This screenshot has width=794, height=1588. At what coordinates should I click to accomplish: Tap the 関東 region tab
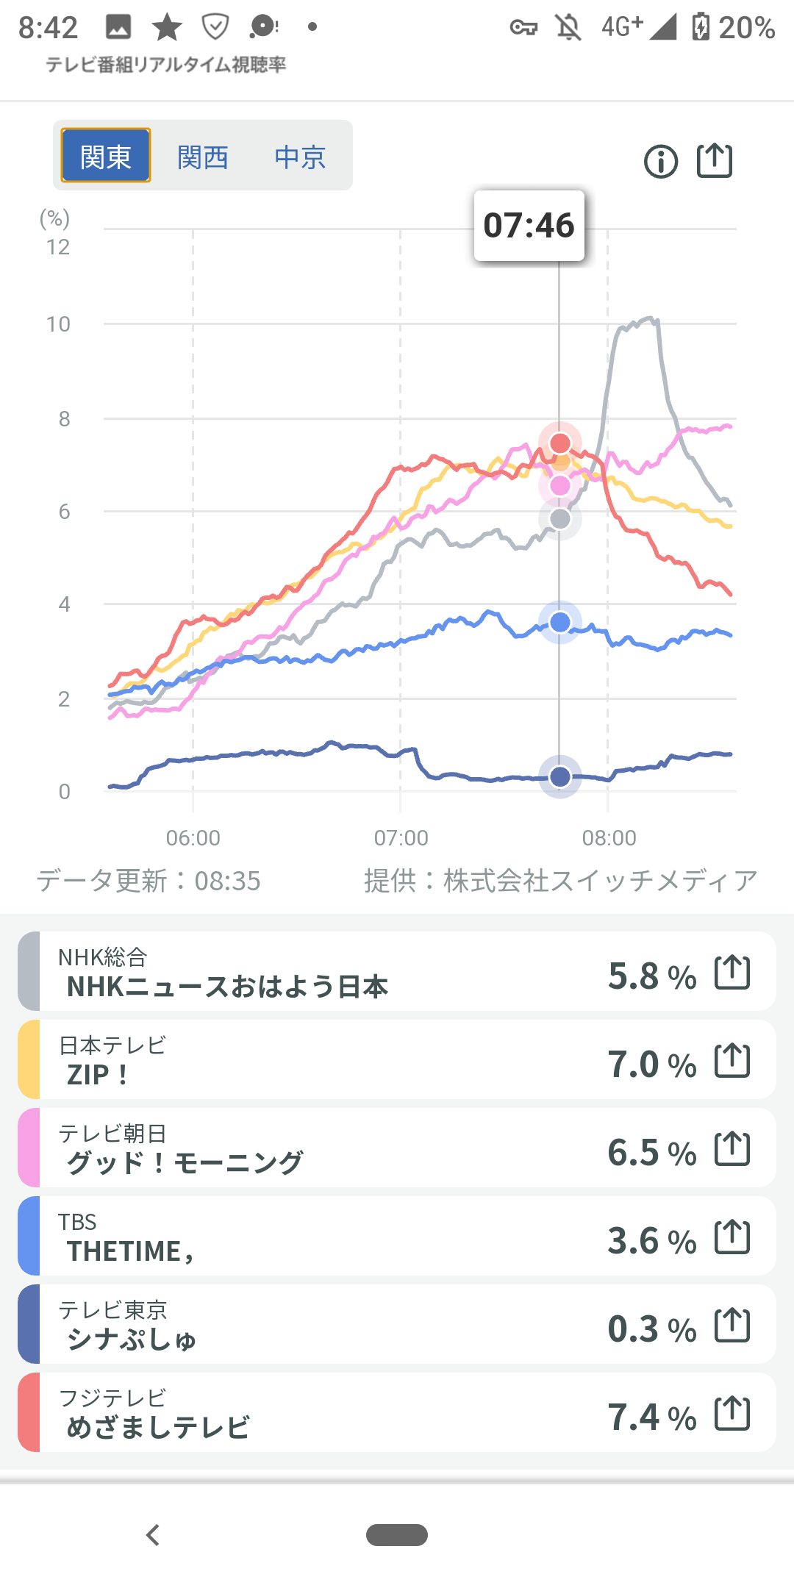tap(106, 156)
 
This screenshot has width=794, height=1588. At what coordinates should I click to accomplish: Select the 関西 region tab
tap(203, 157)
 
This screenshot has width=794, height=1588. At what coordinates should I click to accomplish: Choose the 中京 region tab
tap(300, 157)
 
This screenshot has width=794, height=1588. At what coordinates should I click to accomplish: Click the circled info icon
tap(661, 161)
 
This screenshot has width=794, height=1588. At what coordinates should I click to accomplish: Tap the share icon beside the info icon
tap(715, 160)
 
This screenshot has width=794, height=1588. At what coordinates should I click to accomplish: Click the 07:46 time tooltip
tap(529, 225)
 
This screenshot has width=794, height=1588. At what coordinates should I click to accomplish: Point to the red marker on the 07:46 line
tap(560, 443)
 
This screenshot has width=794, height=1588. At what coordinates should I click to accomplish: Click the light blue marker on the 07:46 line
tap(560, 623)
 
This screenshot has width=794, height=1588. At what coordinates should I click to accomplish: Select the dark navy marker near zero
tap(560, 776)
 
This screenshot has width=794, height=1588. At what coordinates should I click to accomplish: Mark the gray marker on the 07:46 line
tap(560, 519)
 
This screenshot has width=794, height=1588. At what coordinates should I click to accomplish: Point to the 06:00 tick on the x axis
tap(193, 837)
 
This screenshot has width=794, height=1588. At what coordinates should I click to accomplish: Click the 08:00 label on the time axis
tap(609, 837)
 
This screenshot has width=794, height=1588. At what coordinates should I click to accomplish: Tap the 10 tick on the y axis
tap(59, 324)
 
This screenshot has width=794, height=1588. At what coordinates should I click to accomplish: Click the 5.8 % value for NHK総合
tap(652, 976)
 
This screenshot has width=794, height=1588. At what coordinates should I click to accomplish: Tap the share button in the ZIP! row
tap(732, 1060)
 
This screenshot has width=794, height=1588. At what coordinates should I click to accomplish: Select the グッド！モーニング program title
tap(185, 1162)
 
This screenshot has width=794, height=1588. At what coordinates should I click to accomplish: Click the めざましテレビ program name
tap(158, 1427)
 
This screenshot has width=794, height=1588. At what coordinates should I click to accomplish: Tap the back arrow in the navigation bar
tap(153, 1535)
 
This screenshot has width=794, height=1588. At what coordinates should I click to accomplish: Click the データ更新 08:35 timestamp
tap(149, 881)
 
